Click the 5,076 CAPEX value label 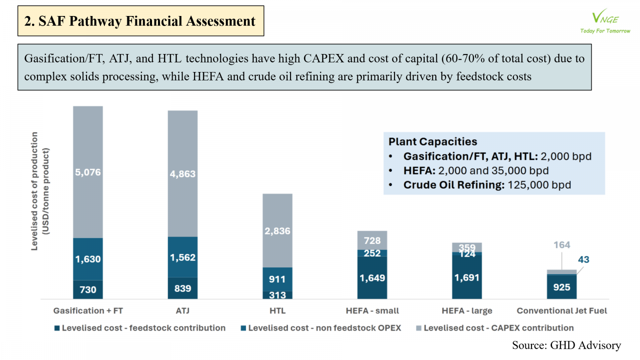click(88, 172)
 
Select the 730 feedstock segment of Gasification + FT click(88, 290)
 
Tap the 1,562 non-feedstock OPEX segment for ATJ click(183, 257)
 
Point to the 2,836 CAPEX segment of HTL click(277, 231)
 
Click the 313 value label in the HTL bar click(277, 295)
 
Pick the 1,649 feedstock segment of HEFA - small click(372, 278)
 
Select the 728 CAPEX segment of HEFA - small click(372, 240)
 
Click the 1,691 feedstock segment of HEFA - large click(467, 277)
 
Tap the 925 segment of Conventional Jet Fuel click(562, 287)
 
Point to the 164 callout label click(562, 245)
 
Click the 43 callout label click(584, 260)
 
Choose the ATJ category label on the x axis click(183, 311)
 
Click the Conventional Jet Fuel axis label click(562, 311)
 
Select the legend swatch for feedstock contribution click(57, 328)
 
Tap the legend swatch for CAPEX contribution click(419, 328)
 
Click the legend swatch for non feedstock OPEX click(243, 328)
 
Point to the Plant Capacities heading click(433, 142)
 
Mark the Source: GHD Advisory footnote click(566, 345)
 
